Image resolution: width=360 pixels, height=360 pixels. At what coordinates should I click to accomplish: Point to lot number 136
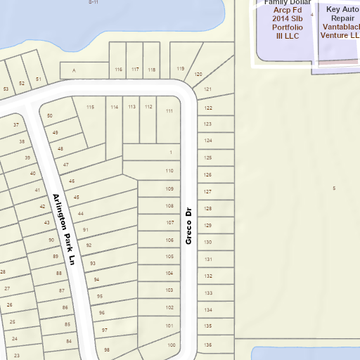click(207, 345)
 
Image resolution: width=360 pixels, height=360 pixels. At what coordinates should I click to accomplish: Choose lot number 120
click(198, 74)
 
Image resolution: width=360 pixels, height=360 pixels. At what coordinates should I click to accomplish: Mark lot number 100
click(171, 345)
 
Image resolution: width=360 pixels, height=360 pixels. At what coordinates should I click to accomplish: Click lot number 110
click(169, 171)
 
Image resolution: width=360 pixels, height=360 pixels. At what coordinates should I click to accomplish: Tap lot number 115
click(90, 107)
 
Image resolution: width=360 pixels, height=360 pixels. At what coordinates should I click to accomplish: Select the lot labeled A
click(73, 71)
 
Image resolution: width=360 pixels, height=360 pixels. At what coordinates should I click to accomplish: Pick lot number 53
click(6, 89)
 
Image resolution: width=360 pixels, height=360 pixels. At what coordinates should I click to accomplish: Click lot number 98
click(107, 349)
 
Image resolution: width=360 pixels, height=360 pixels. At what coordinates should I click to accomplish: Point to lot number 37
click(16, 124)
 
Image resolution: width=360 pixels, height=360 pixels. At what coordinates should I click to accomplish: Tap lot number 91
click(85, 229)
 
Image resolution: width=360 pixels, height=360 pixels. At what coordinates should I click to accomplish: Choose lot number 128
click(207, 209)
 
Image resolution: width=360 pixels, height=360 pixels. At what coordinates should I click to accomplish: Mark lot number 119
click(180, 68)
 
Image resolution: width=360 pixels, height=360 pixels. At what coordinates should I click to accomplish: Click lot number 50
click(49, 115)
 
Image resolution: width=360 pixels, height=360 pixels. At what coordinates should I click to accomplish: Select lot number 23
click(16, 356)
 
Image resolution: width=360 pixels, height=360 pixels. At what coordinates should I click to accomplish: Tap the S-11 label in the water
click(94, 2)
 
